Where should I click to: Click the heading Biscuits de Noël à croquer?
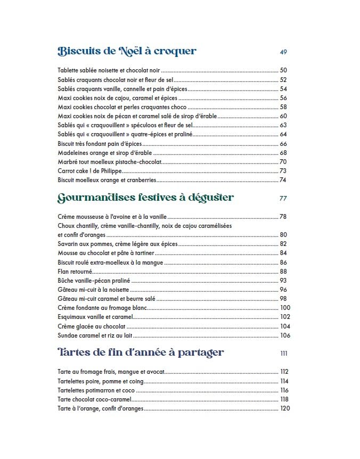click(127, 51)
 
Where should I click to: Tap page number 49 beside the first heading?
click(283, 52)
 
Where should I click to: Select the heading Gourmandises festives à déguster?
click(145, 198)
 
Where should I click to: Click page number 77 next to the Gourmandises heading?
click(283, 199)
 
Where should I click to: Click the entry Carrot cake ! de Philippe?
click(89, 171)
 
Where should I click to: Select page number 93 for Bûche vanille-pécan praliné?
click(283, 281)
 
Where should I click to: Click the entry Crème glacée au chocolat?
click(92, 326)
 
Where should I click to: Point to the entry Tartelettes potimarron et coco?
click(92, 390)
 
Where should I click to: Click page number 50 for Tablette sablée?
click(283, 70)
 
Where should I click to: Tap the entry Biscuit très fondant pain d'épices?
click(100, 144)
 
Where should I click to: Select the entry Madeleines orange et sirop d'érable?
click(103, 153)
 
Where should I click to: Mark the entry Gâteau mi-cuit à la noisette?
click(94, 290)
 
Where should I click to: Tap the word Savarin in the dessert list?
click(67, 244)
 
